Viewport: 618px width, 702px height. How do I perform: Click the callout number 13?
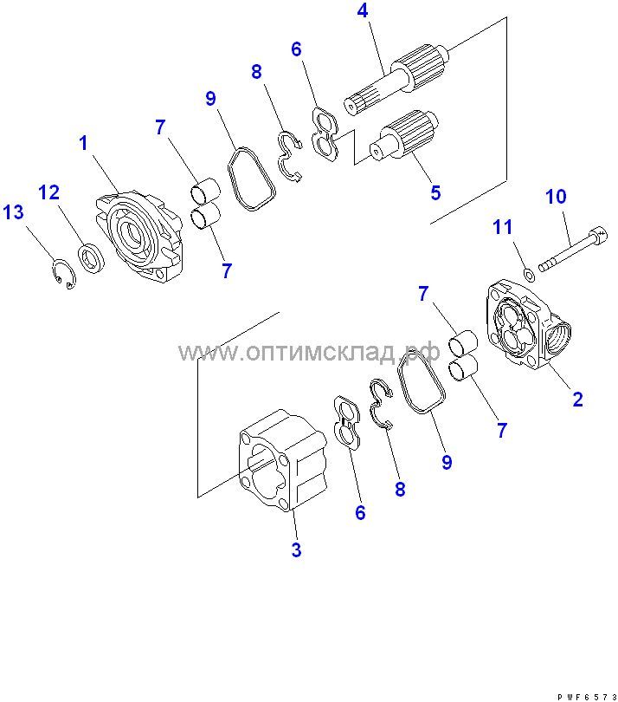13,211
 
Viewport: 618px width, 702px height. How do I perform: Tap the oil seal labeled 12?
92,257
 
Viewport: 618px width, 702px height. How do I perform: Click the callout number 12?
48,192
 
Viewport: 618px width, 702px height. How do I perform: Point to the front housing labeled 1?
139,236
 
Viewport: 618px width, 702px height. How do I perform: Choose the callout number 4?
363,10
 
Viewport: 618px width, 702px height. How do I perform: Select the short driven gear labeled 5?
404,133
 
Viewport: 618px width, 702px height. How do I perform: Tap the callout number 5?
435,192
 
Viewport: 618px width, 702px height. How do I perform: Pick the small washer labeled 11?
529,275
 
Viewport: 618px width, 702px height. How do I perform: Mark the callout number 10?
556,197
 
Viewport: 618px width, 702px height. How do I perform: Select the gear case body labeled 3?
283,460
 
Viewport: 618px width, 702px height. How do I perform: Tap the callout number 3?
296,549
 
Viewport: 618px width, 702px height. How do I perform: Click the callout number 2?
578,399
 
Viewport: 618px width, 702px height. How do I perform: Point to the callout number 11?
502,227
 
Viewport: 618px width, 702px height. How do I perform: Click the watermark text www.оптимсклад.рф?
309,352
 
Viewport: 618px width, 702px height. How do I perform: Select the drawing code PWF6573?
587,697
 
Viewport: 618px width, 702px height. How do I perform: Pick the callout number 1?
83,143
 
